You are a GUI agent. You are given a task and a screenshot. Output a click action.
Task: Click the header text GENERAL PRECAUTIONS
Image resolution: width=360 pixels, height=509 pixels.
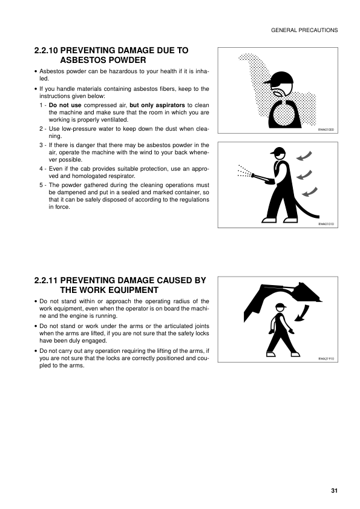point(304,30)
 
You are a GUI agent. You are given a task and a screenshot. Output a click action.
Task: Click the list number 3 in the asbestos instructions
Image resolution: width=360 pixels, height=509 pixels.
point(41,145)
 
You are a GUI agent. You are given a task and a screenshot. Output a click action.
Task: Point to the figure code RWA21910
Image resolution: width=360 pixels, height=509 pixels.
point(327,359)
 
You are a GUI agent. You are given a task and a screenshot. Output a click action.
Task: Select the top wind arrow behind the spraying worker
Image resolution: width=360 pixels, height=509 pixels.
point(303,159)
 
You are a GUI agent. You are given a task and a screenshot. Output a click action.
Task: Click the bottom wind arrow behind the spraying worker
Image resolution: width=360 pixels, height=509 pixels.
point(309,193)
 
